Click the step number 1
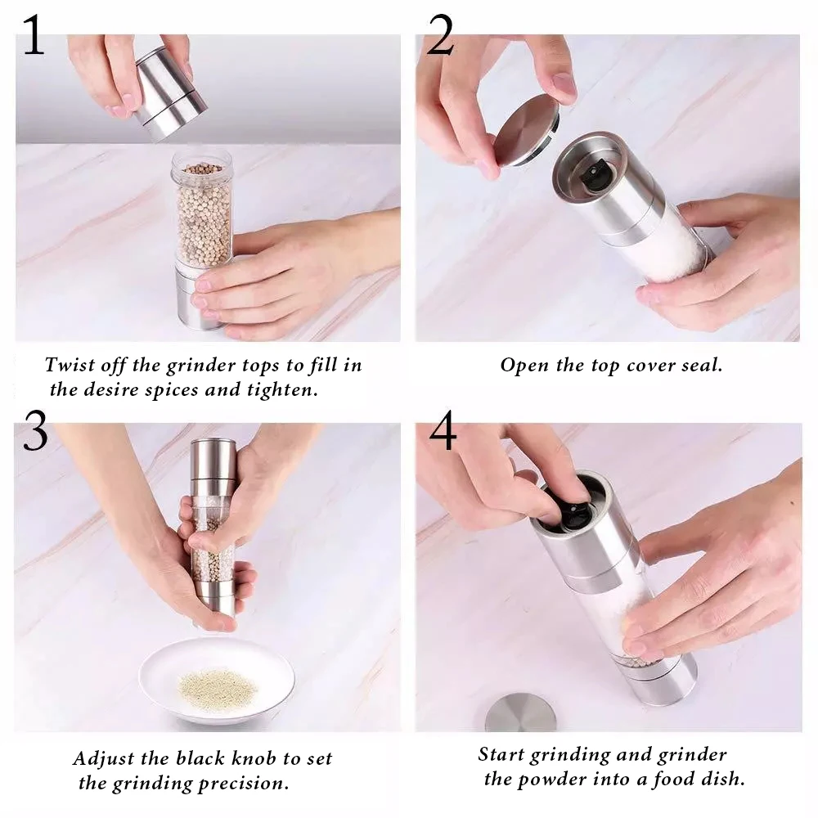pos(34,34)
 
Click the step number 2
pos(440,34)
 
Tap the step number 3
pos(35,430)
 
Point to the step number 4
pos(443,430)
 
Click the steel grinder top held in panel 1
pos(169,93)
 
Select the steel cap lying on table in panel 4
pos(520,712)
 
